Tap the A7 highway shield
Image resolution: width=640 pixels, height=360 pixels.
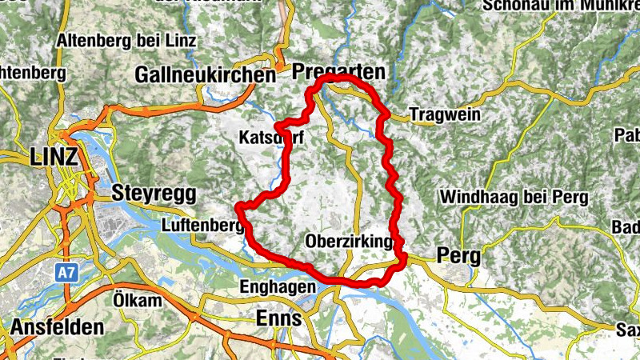coord(66,273)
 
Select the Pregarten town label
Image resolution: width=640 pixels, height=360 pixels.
coord(338,72)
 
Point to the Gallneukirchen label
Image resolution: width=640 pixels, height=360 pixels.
coord(206,75)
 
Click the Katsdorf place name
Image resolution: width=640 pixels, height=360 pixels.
coord(271,138)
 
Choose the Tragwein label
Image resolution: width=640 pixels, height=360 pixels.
coord(445,115)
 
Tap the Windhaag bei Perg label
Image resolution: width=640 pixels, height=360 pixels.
coord(514,197)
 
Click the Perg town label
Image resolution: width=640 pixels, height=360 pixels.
coord(458,257)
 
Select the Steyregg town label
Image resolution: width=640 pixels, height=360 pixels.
coord(154,193)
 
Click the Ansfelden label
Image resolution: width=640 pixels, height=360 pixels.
coord(57,327)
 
